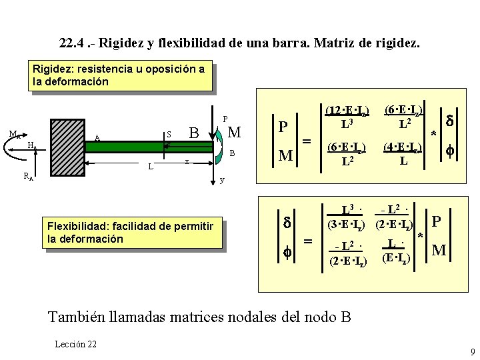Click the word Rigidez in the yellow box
click(51, 69)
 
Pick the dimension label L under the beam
click(151, 165)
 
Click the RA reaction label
click(29, 176)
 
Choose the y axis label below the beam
click(223, 180)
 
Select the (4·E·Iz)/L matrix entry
click(403, 153)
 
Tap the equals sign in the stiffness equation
click(307, 141)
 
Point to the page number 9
click(472, 351)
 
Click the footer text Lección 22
click(77, 343)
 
